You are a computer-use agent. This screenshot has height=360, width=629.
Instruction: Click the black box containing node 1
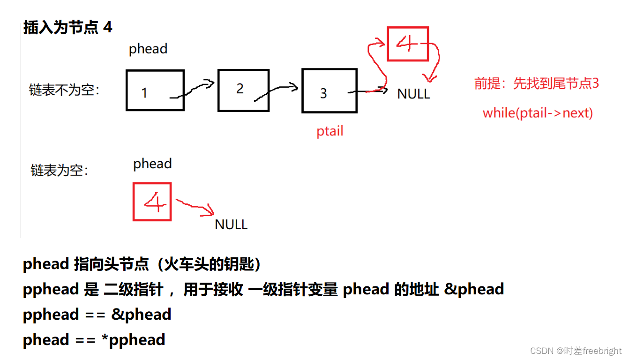click(155, 90)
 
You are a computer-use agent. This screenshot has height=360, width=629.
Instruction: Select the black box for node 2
click(243, 90)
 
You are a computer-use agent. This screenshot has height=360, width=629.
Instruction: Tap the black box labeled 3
click(329, 91)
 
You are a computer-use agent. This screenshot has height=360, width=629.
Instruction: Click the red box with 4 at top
click(408, 44)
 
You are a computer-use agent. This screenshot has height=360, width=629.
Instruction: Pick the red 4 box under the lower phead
click(152, 202)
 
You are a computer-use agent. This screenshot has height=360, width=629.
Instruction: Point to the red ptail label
click(330, 131)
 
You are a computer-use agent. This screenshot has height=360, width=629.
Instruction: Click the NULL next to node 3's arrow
click(413, 94)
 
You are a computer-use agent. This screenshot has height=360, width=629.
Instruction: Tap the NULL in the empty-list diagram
click(231, 225)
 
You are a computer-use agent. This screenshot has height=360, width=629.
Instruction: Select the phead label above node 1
click(148, 49)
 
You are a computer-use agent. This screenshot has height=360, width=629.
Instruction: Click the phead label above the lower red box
click(152, 164)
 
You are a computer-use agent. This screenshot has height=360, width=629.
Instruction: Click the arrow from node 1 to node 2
click(192, 90)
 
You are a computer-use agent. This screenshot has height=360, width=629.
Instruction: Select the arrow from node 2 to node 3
click(277, 92)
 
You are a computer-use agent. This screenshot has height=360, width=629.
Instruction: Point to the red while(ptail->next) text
click(538, 113)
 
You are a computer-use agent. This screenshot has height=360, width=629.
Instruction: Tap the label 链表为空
click(60, 170)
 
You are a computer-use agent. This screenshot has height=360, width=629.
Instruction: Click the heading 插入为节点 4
click(68, 27)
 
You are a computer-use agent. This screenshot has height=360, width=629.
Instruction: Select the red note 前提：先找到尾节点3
click(537, 83)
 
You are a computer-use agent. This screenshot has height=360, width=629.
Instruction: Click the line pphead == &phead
click(97, 315)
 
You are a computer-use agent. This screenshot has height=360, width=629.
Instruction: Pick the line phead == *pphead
click(94, 340)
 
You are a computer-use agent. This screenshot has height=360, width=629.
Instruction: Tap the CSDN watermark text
click(576, 351)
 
